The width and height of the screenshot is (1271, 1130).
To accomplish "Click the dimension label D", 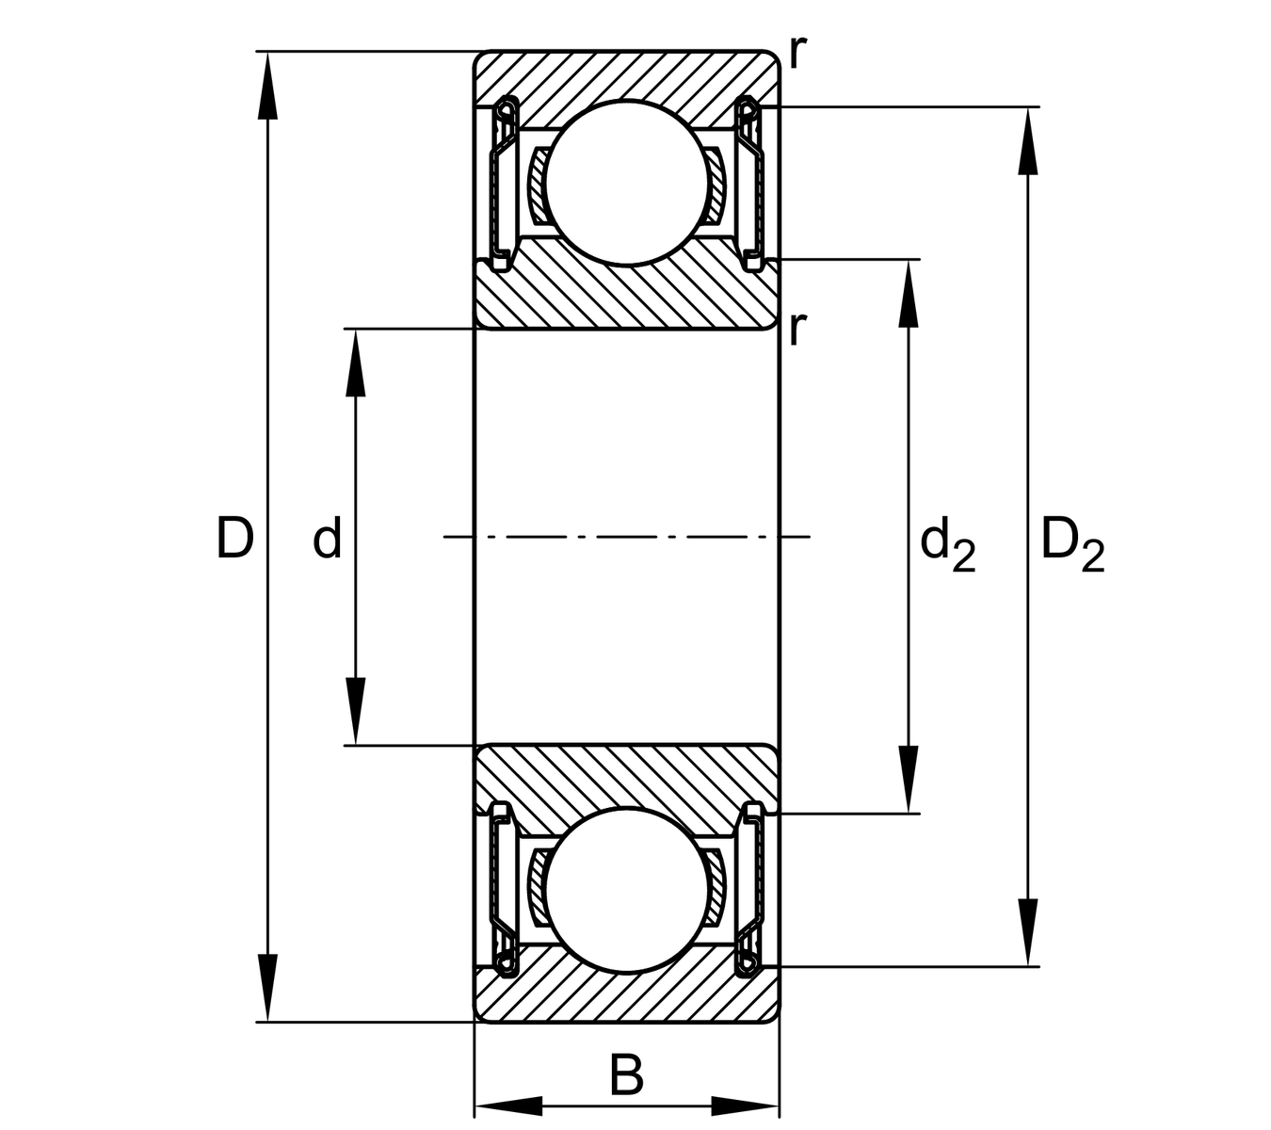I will [234, 538].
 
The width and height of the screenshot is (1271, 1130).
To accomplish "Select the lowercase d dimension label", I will [327, 539].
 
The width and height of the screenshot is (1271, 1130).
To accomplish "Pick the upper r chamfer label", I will [797, 54].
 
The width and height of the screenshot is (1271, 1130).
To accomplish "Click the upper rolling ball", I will [625, 183].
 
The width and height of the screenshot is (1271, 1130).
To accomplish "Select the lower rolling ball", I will [625, 891].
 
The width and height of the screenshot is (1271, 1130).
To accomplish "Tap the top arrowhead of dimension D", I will [268, 85].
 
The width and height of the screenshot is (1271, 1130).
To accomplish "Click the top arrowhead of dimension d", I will [355, 363].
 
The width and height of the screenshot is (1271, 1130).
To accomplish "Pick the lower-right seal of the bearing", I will [750, 891].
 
